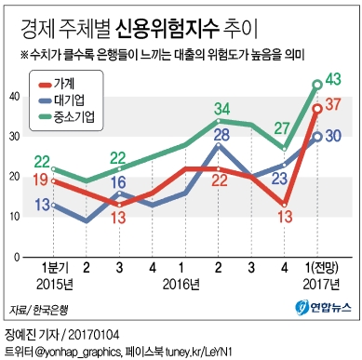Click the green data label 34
pos(221,109)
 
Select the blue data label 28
pos(221,136)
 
